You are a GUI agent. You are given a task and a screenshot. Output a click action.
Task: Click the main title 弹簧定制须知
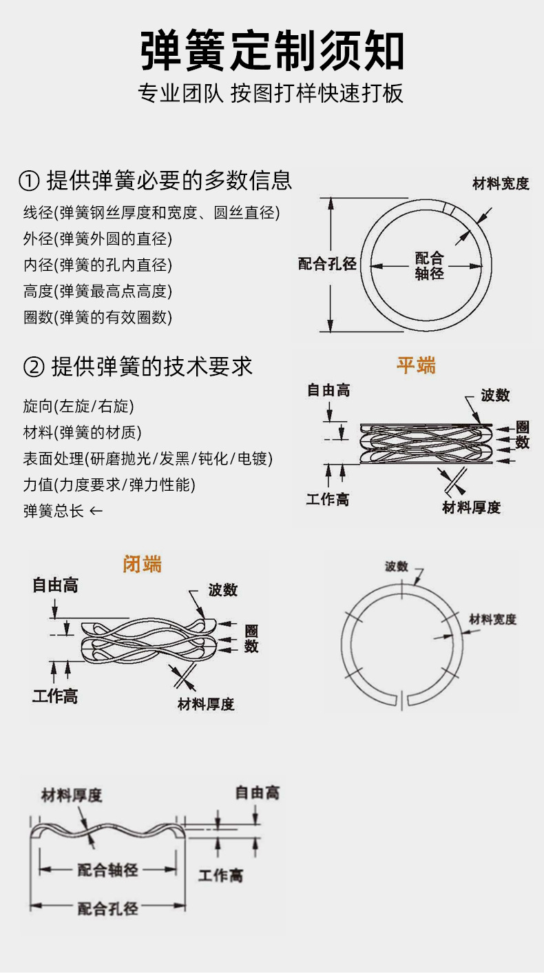[272, 50]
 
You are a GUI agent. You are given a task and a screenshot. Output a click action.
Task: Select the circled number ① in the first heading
[28, 181]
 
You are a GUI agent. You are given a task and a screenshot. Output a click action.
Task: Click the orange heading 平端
[416, 365]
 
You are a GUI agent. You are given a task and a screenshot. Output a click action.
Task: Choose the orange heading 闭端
[143, 564]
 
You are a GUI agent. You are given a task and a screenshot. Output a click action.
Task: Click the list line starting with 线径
[151, 213]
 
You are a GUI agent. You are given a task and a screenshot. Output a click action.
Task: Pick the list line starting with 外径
[97, 239]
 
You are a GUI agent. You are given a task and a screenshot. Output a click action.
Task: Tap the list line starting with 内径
[97, 265]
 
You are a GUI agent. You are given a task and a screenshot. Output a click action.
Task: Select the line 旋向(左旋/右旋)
[79, 407]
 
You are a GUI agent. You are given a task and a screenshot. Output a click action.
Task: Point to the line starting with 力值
[109, 485]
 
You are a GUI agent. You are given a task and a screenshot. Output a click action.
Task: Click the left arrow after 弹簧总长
[96, 511]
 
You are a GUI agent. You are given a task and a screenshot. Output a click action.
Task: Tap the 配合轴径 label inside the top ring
[429, 266]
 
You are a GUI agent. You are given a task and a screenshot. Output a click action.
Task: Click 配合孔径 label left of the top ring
[327, 264]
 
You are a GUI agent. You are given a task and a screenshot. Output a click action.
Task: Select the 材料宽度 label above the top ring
[501, 184]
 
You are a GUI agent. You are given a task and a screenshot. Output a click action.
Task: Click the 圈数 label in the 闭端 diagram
[251, 639]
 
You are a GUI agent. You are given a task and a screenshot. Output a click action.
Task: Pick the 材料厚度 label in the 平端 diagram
[472, 508]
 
